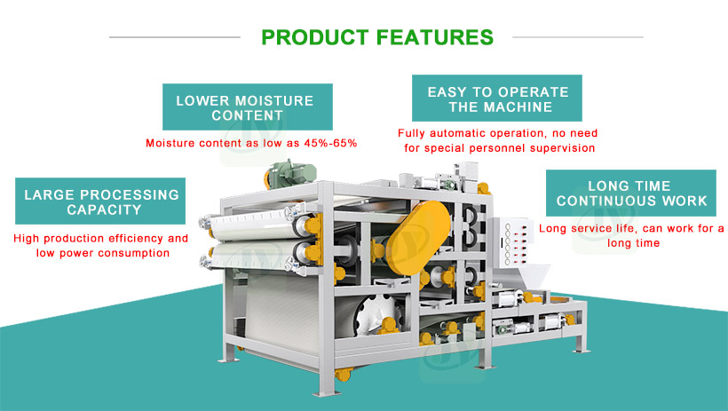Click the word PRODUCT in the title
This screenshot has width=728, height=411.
(313, 37)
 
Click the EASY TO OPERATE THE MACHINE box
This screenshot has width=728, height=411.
(498, 99)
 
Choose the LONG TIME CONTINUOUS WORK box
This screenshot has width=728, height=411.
(631, 194)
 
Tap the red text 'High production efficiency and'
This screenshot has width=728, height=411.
(101, 239)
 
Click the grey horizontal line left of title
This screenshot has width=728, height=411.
(174, 37)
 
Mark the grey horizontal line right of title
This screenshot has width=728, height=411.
(577, 37)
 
